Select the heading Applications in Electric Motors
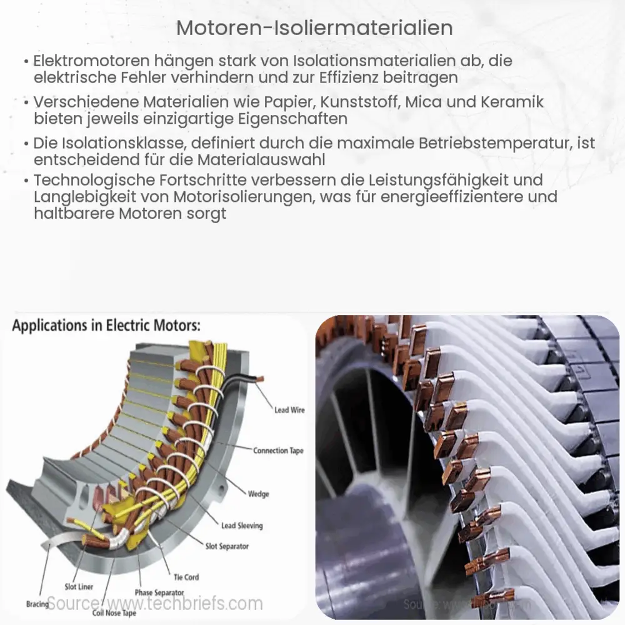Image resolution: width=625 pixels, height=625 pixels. (x=107, y=326)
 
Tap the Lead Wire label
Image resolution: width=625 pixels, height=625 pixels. (x=289, y=410)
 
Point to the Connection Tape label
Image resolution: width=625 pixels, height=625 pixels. (x=279, y=451)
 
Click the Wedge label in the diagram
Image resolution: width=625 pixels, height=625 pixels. (x=258, y=494)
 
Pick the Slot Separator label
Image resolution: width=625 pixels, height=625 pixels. (x=227, y=546)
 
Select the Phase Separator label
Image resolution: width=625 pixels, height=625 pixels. (x=159, y=592)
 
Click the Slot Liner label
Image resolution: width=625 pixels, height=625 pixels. (x=79, y=586)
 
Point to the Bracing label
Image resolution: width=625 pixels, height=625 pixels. (x=37, y=604)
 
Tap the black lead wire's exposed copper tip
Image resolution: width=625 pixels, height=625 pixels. (x=258, y=379)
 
